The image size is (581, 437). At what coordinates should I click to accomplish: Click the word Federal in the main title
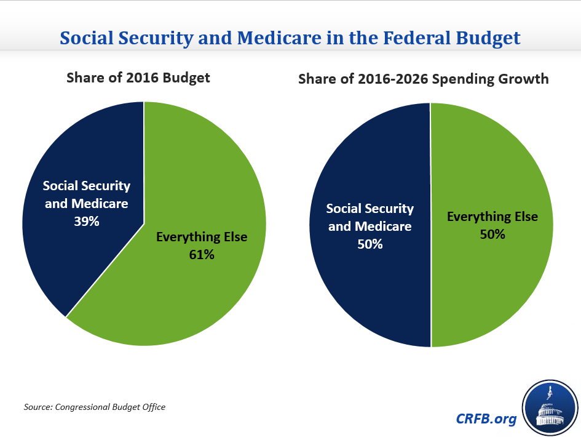click(418, 38)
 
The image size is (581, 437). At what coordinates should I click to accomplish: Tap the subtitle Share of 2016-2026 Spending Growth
click(424, 79)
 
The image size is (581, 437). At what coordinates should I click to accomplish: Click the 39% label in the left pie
click(87, 221)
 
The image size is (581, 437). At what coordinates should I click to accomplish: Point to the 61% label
click(202, 254)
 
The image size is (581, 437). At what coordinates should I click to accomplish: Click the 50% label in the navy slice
click(370, 244)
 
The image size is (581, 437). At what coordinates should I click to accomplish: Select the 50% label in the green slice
click(492, 235)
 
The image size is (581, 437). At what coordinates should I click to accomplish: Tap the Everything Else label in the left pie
click(202, 237)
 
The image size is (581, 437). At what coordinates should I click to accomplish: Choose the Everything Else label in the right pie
click(492, 217)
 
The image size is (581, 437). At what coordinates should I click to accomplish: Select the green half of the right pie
click(492, 289)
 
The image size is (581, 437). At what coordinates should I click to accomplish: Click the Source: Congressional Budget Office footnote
click(95, 407)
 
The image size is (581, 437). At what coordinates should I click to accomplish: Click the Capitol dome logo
click(550, 407)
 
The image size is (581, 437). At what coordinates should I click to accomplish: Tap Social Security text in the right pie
click(370, 209)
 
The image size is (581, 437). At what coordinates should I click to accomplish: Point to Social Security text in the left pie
click(87, 186)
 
